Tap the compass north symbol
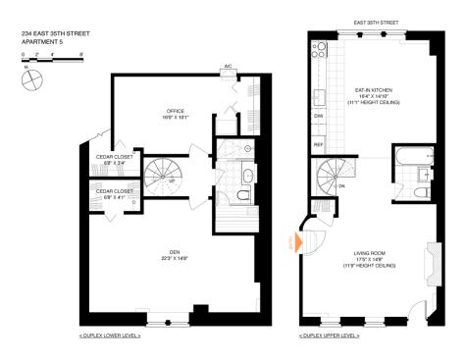(x=29, y=76)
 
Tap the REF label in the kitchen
(x=319, y=144)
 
